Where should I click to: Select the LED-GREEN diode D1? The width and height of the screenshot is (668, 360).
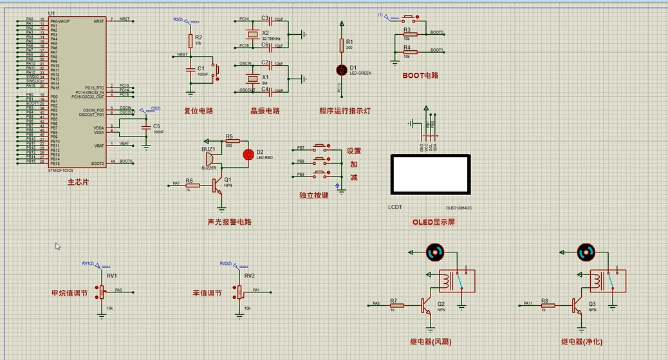point(341,69)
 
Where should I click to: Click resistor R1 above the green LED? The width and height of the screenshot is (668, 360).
point(341,44)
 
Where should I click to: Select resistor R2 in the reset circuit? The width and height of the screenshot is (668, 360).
point(190,40)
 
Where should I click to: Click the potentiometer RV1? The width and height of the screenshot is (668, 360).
point(101,291)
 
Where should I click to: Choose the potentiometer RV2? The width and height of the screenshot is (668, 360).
point(239,291)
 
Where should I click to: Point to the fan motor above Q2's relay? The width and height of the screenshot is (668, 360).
point(435,252)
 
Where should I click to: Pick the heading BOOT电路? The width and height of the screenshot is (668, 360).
point(420,75)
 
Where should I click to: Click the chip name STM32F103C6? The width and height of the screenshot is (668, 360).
point(62,171)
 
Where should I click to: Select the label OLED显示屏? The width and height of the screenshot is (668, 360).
point(433,222)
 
